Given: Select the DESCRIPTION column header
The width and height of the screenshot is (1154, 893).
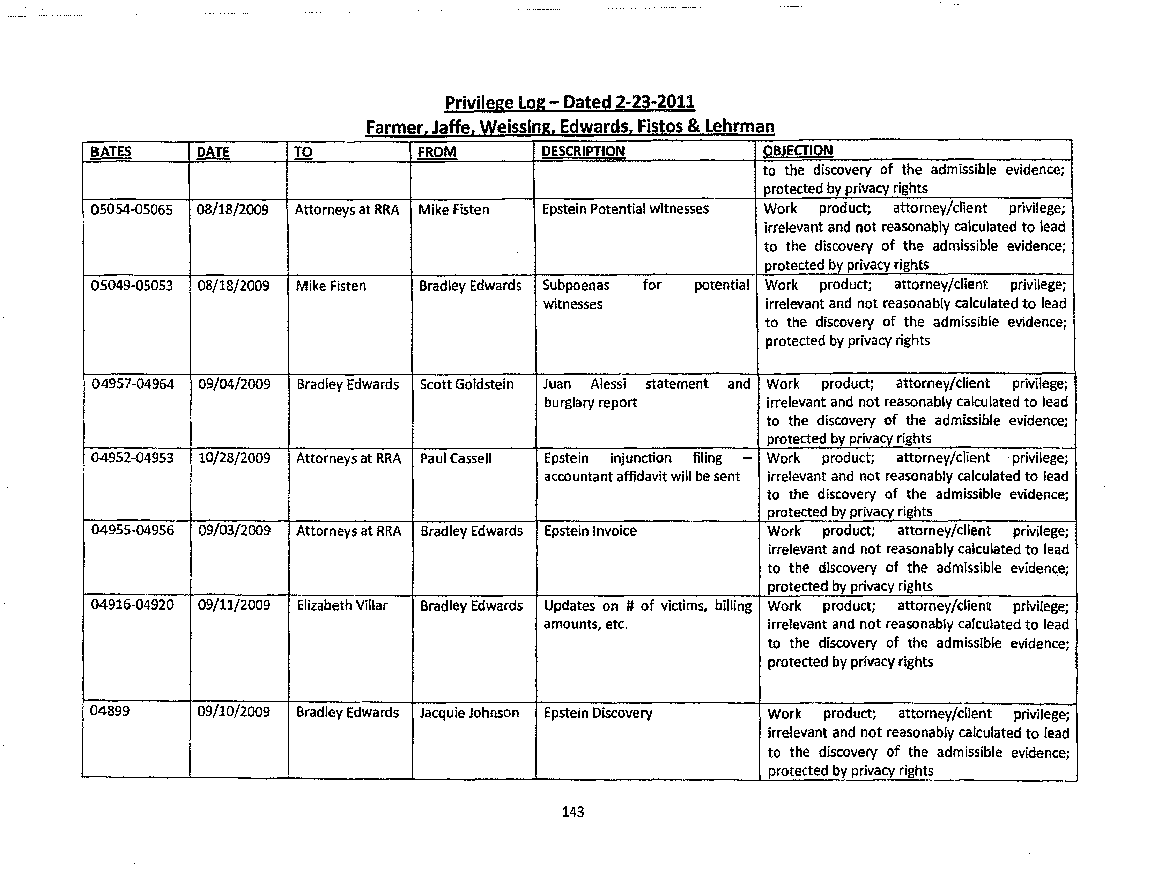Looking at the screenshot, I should click(583, 152).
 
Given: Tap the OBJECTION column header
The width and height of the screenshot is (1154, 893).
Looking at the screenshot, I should click(797, 150).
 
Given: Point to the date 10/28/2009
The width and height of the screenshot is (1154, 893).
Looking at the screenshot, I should click(234, 458).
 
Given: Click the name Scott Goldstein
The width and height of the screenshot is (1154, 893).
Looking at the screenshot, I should click(467, 384).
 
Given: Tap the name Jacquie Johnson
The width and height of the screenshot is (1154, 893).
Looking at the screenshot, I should click(469, 713).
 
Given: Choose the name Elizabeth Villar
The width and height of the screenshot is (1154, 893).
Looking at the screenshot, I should click(342, 606).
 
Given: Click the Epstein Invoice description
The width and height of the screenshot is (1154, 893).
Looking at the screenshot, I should click(590, 531).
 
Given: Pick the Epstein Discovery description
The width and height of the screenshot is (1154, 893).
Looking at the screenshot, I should click(598, 713).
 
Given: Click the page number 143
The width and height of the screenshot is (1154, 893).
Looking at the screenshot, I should click(573, 812).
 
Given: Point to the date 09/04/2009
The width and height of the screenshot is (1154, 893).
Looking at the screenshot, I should click(234, 384).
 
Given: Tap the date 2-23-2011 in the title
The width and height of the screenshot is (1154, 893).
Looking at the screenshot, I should click(655, 102).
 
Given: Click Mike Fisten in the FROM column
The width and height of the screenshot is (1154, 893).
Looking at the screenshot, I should click(453, 210).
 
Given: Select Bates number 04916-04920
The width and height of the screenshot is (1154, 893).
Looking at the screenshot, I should click(132, 605).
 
